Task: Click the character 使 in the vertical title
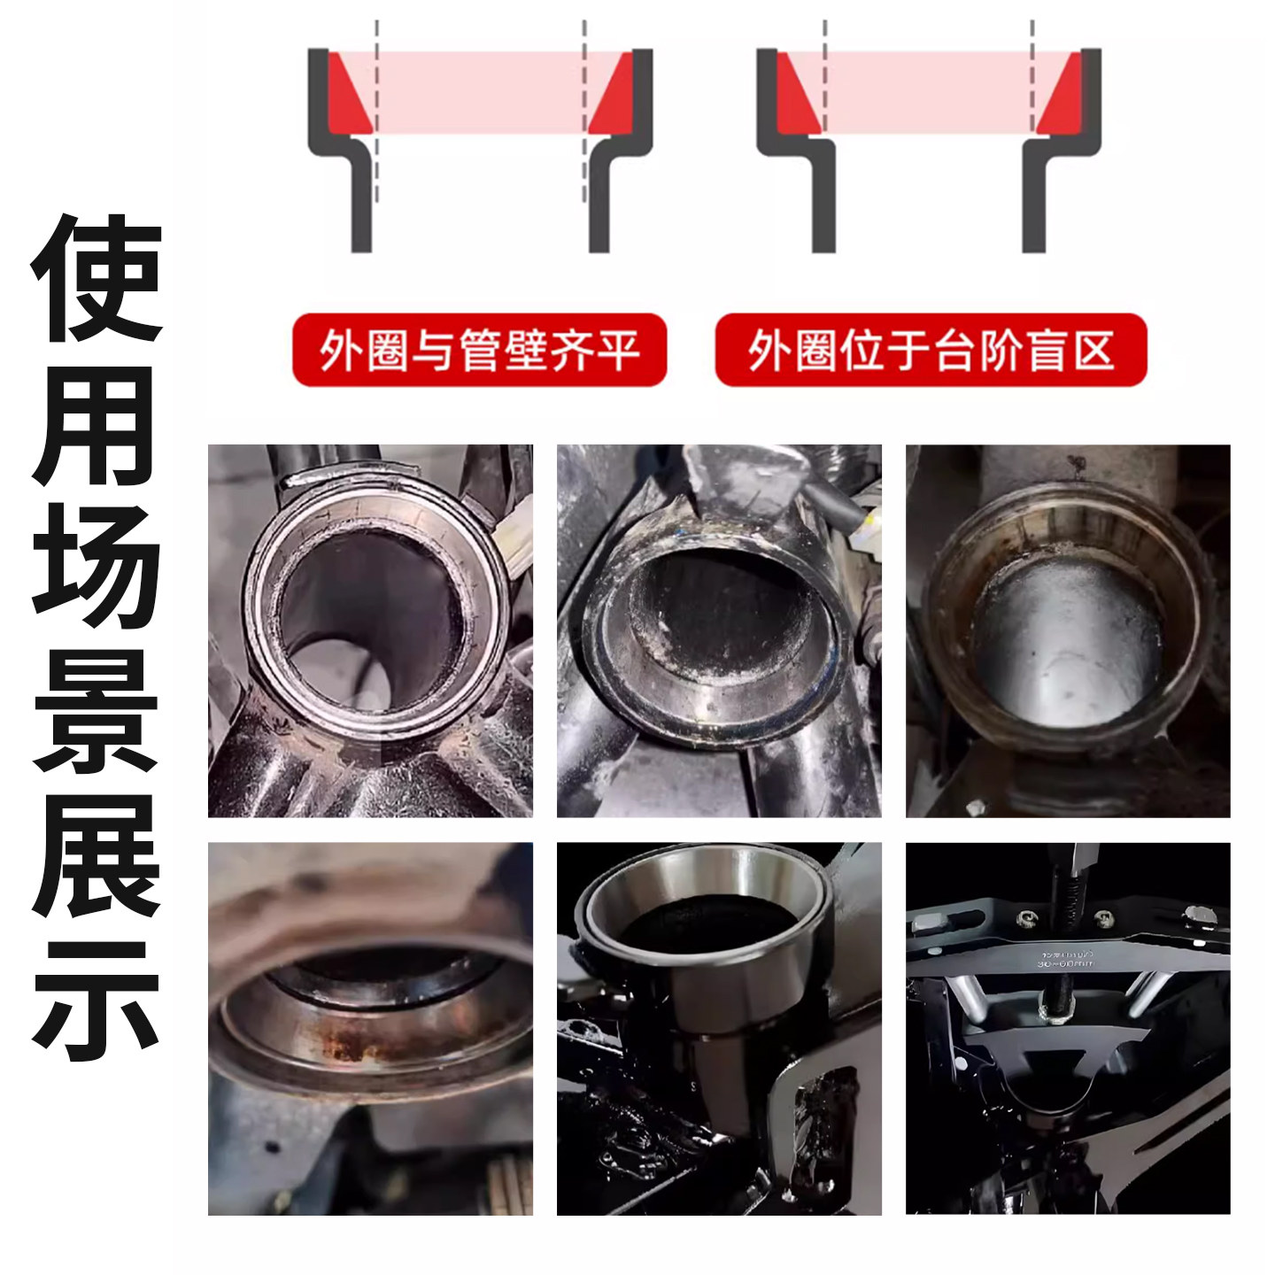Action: click(x=97, y=279)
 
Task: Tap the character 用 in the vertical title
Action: click(x=97, y=423)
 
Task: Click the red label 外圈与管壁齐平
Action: click(x=479, y=350)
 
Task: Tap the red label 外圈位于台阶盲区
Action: click(x=931, y=350)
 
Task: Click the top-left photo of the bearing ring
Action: click(x=370, y=630)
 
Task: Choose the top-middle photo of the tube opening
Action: click(x=719, y=630)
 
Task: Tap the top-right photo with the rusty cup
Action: click(x=1068, y=630)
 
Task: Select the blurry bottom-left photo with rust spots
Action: click(x=370, y=1029)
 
